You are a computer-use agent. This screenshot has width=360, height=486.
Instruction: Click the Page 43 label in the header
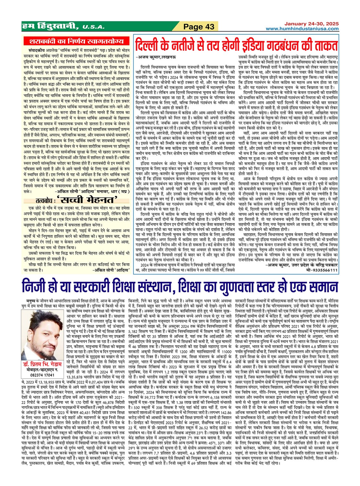199,27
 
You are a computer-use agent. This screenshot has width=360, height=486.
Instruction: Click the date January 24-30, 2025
311,24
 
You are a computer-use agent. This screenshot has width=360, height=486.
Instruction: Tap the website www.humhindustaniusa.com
302,29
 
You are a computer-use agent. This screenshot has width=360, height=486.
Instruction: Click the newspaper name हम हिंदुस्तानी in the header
49,27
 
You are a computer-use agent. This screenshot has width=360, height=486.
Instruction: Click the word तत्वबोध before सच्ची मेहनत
46,200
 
